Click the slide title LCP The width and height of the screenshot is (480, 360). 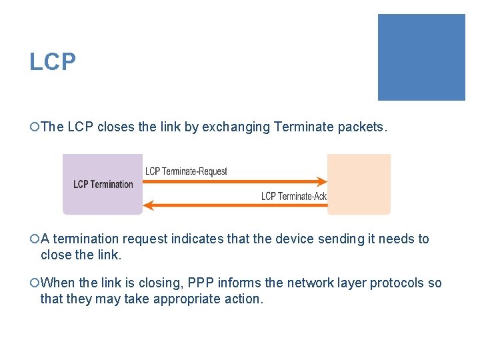click(x=53, y=62)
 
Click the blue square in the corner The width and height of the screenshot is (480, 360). click(x=421, y=57)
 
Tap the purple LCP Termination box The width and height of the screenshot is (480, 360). click(x=103, y=184)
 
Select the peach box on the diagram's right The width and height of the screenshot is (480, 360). click(x=359, y=184)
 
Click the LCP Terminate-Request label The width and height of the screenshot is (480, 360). click(x=186, y=171)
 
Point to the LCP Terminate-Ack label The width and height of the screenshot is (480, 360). click(x=293, y=196)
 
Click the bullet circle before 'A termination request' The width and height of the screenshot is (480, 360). click(x=35, y=239)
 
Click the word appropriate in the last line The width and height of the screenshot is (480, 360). click(x=183, y=299)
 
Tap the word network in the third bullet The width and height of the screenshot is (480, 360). click(x=309, y=283)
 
